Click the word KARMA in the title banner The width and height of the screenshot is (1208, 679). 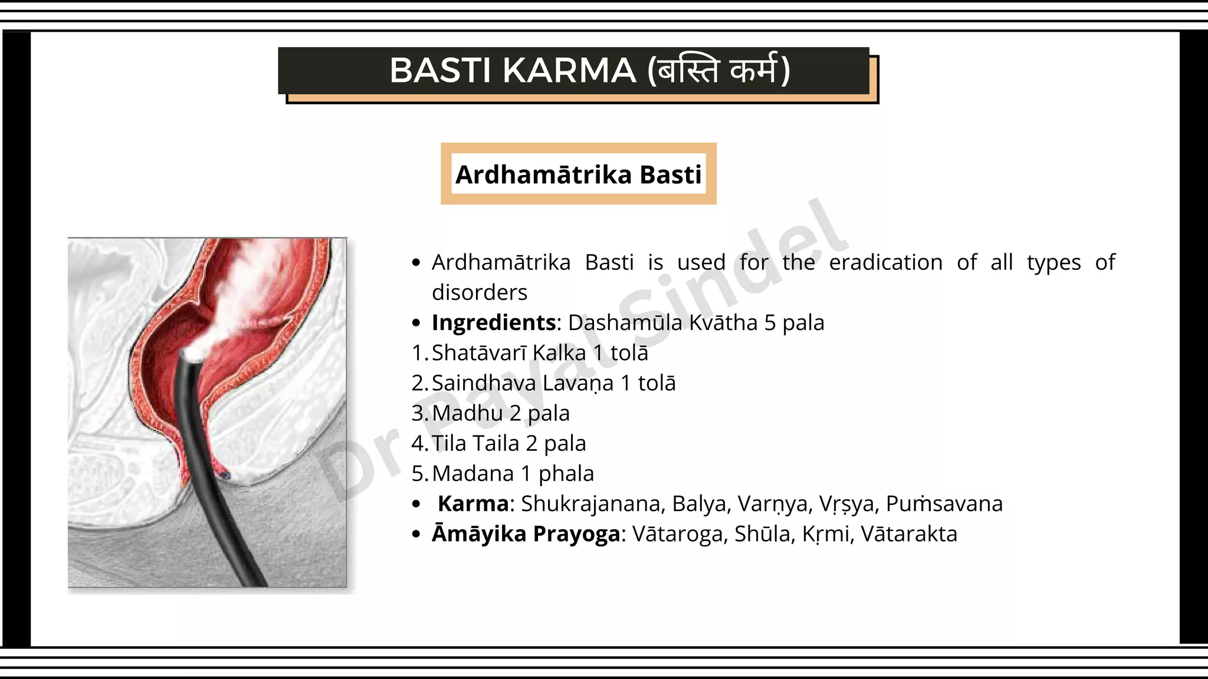click(569, 71)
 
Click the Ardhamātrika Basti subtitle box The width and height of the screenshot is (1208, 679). click(578, 174)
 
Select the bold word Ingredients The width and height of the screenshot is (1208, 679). click(494, 323)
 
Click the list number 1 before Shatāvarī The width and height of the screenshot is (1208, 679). click(418, 353)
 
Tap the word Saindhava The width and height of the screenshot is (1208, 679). click(484, 383)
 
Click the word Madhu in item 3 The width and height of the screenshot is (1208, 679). click(467, 413)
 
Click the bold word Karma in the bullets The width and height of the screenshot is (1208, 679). click(473, 504)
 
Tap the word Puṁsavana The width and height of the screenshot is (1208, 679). click(944, 504)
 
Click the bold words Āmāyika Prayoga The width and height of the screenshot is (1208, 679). click(526, 534)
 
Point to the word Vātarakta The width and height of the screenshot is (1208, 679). click(909, 534)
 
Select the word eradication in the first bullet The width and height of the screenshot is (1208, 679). click(885, 263)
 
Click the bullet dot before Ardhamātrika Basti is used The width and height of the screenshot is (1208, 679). click(416, 263)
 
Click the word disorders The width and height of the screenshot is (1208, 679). click(480, 293)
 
